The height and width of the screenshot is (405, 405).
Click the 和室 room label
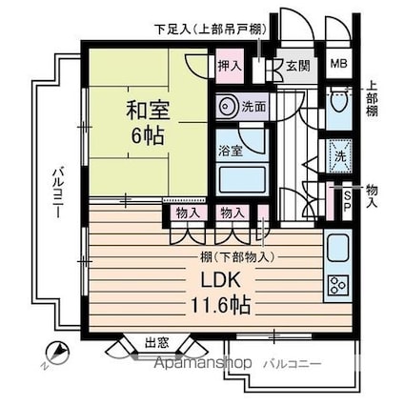pos(149,111)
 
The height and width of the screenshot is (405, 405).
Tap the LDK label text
pos(219,280)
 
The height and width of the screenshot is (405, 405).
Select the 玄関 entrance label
pos(298,66)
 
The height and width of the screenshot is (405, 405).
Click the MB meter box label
pos(339,64)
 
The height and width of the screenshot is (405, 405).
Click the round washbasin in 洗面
pos(227,106)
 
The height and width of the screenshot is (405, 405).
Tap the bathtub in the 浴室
pos(242,179)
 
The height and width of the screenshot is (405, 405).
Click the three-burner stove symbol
pos(338,285)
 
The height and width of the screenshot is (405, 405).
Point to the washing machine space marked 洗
pos(340,156)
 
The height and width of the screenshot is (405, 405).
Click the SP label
pos(347,201)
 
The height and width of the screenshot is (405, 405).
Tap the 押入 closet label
pos(230,66)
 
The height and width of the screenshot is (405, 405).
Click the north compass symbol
pos(56,354)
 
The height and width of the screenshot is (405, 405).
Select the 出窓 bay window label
pos(157,343)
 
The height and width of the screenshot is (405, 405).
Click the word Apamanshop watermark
pos(203,363)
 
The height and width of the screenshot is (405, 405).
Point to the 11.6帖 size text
pos(220,305)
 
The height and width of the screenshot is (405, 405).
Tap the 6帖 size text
pos(148,136)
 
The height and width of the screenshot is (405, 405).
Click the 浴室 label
pos(231,152)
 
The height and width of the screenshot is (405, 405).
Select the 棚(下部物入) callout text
pos(237,256)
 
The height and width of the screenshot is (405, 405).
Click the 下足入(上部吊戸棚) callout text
pos(211,30)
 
